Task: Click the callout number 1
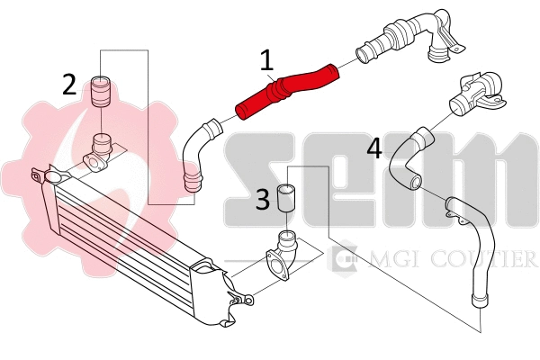(266, 61)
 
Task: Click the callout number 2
(70, 85)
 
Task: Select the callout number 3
(262, 199)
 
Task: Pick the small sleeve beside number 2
(101, 91)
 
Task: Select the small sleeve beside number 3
(288, 197)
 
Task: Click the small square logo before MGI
(345, 260)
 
